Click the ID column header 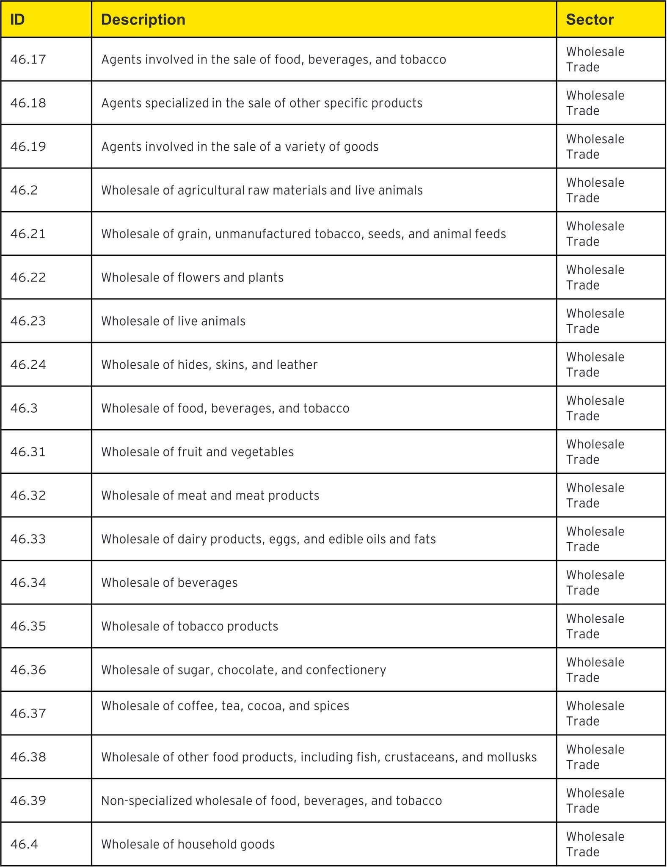(17, 20)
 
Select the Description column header (143, 20)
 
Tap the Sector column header (590, 20)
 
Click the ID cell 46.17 (28, 60)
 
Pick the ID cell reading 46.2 (24, 191)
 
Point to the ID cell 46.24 (28, 365)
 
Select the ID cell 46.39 (28, 801)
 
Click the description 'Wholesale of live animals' (173, 321)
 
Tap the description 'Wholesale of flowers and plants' (192, 278)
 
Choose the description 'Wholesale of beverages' (169, 583)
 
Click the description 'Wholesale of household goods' (188, 845)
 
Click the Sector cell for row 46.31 (595, 452)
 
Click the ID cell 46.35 (28, 627)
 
